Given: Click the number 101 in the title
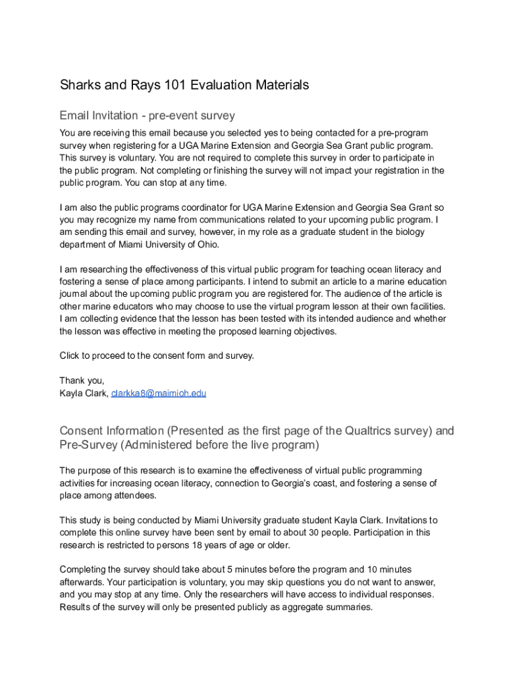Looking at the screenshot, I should point(167,85).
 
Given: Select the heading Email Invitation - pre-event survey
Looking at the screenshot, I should point(147,116).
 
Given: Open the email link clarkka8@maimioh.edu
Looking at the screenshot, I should point(159,394).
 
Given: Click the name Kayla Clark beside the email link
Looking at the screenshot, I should point(84,394).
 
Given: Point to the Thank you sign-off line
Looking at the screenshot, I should point(82,380).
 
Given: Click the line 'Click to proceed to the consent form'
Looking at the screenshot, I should point(156,356).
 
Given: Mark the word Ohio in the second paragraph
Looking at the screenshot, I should point(205,244).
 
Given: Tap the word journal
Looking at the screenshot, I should point(74,294).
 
